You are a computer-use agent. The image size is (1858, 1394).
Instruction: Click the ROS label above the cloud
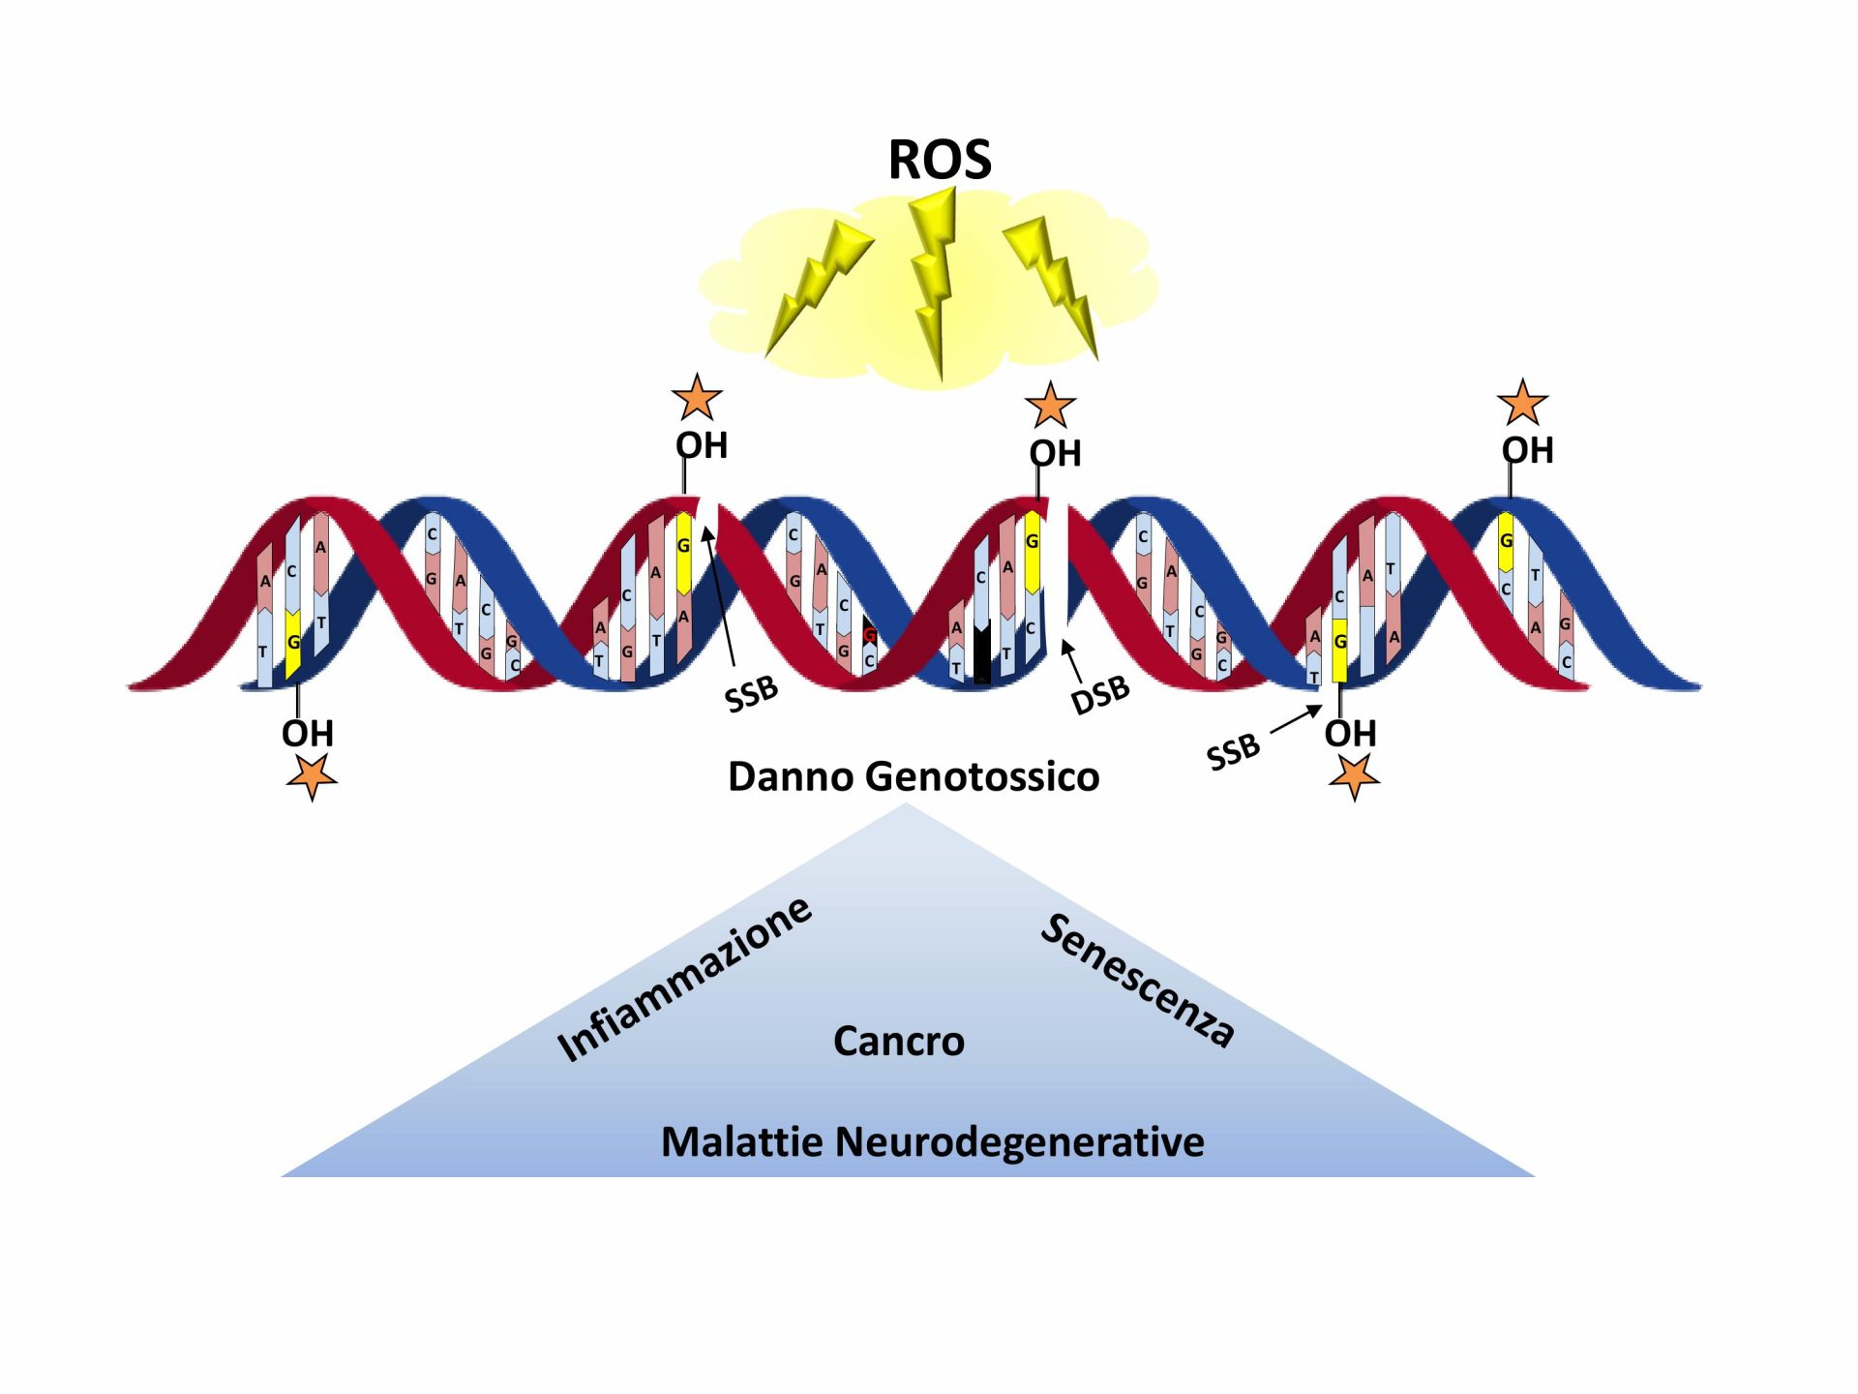point(940,160)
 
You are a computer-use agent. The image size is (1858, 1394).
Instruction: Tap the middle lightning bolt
point(935,281)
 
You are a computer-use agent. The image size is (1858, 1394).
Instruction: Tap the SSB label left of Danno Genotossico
point(751,693)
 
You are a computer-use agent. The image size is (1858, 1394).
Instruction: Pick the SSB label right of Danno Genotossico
point(1233,751)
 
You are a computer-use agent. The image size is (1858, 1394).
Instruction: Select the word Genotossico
point(982,776)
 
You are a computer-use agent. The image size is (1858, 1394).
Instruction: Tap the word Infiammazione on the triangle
point(684,978)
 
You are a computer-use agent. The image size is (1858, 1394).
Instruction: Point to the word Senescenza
point(1138,979)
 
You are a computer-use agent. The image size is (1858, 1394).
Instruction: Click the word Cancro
point(899,1041)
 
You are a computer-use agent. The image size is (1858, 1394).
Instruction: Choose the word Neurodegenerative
point(1020,1142)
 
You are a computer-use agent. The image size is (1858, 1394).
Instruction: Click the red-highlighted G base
point(869,635)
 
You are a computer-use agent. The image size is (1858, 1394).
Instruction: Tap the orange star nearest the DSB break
point(1051,405)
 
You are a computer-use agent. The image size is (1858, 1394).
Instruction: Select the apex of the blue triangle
point(906,803)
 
